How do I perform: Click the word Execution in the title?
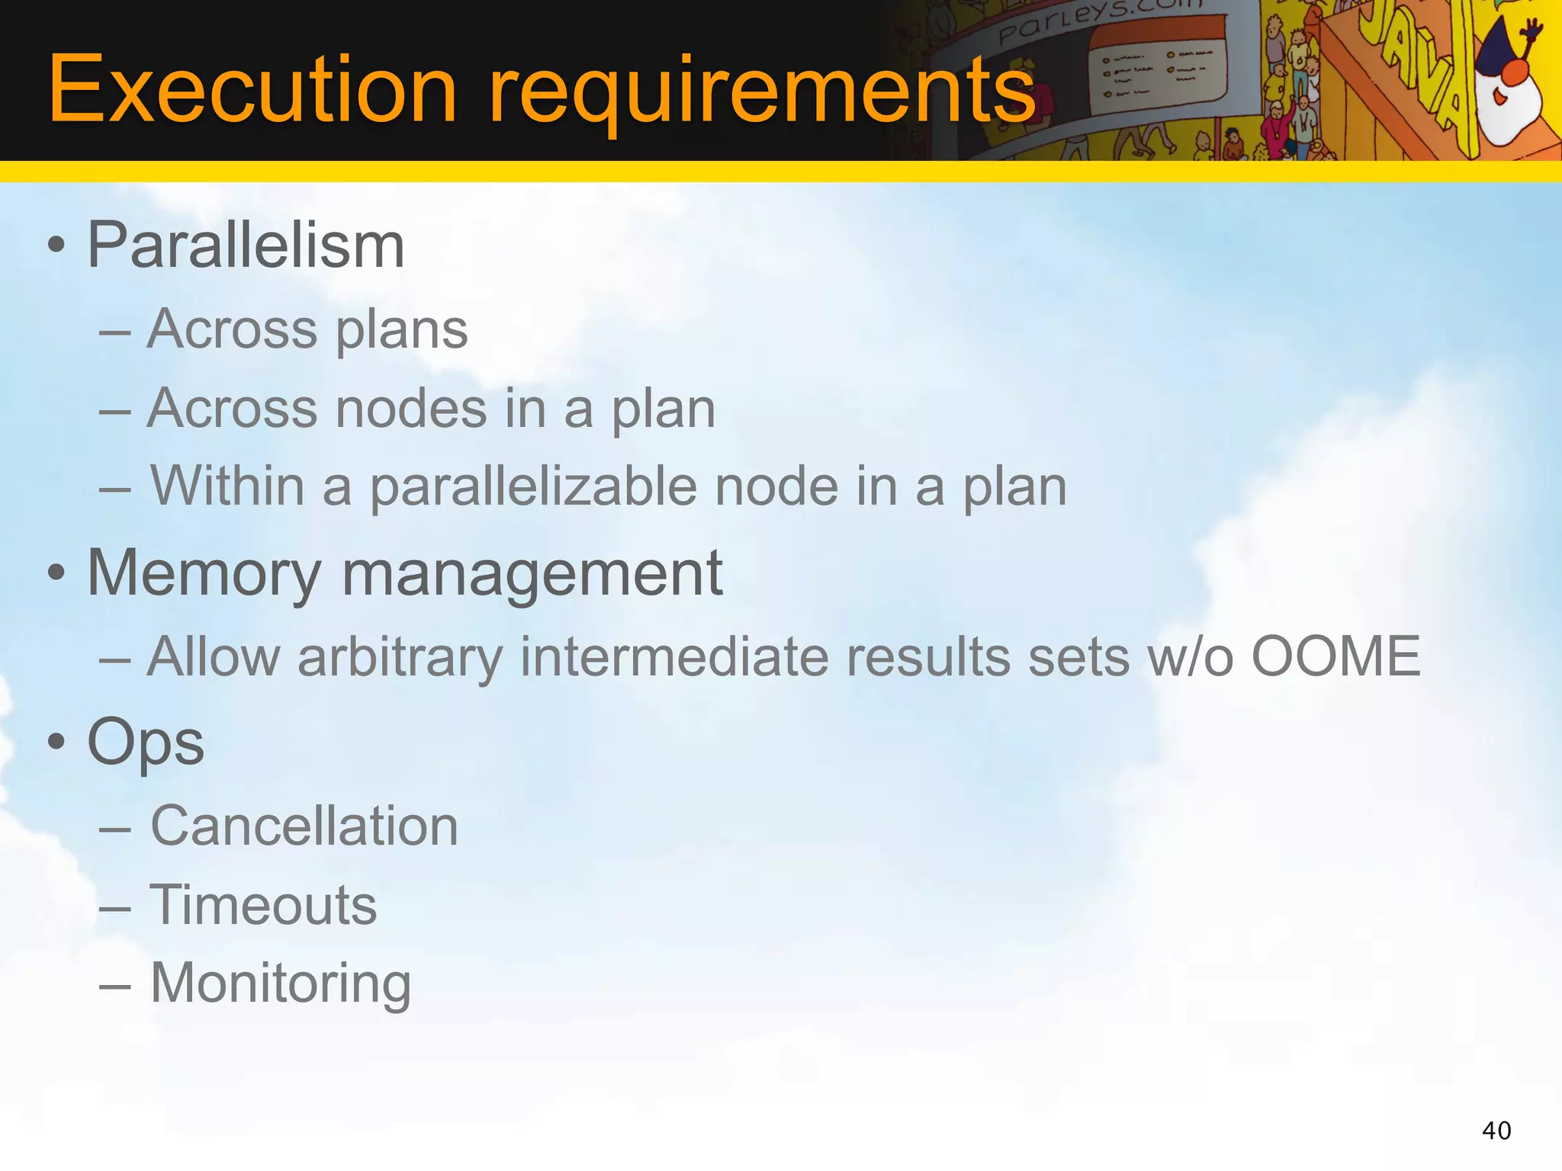[x=252, y=90]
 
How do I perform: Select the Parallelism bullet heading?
[x=246, y=245]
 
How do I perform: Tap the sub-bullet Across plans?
[x=307, y=329]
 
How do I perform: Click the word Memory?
[x=204, y=573]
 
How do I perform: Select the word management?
[x=532, y=575]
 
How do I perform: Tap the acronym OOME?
[x=1335, y=656]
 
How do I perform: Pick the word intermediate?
[x=674, y=656]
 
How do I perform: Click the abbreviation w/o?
[x=1191, y=657]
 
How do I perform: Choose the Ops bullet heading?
[x=146, y=742]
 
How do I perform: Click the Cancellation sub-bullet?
[x=304, y=826]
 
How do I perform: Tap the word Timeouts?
[x=263, y=906]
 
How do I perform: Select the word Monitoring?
[x=281, y=983]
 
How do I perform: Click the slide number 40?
[x=1496, y=1130]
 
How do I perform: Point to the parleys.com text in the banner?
[x=1098, y=21]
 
